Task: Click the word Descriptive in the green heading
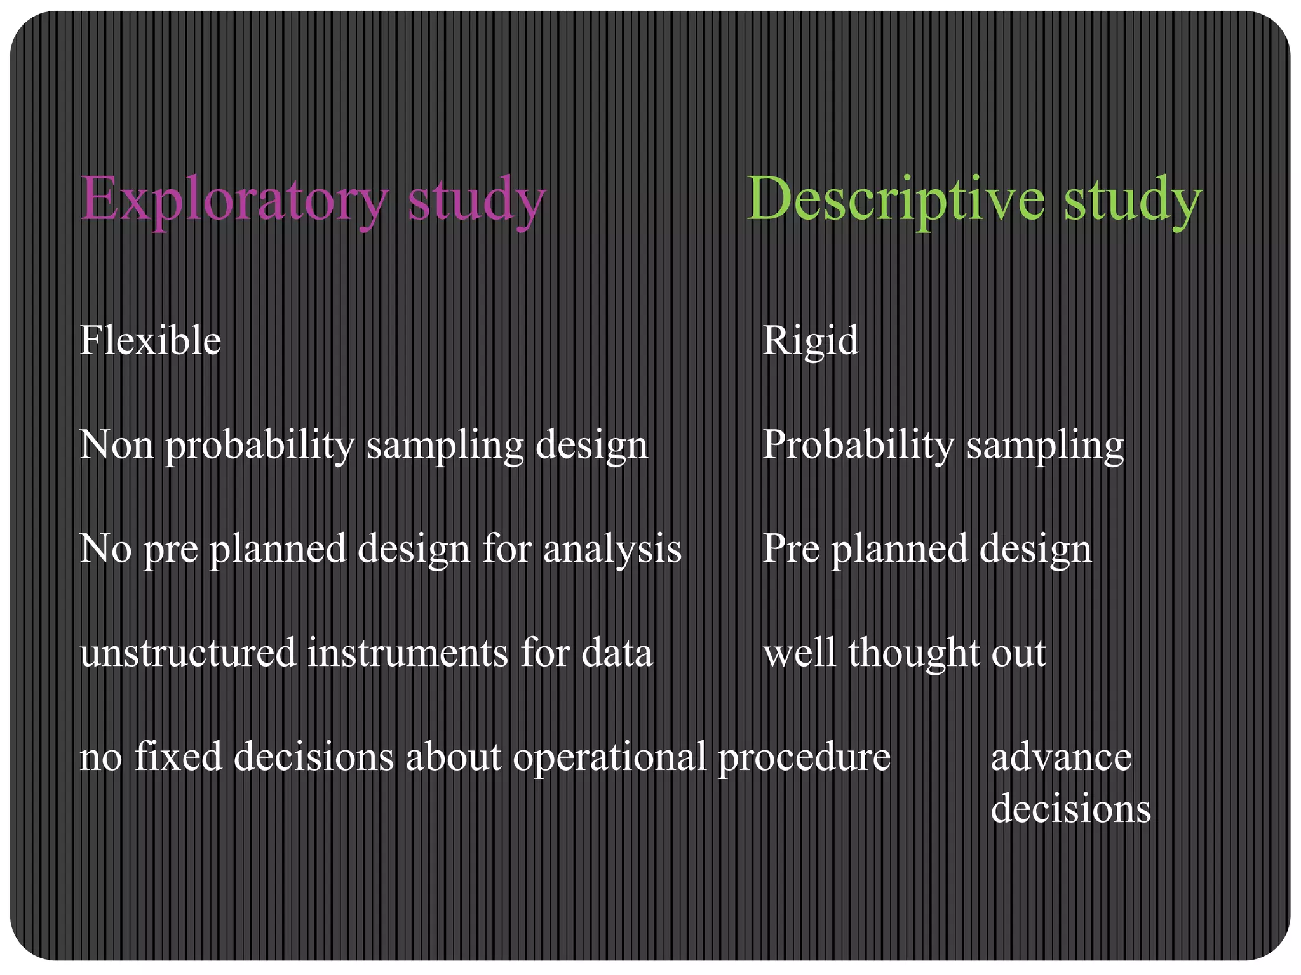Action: pyautogui.click(x=896, y=200)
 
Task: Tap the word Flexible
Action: pyautogui.click(x=150, y=341)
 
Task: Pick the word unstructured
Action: pyautogui.click(x=188, y=653)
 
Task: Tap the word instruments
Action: pyautogui.click(x=407, y=653)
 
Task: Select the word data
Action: pyautogui.click(x=617, y=653)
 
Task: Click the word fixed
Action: pyautogui.click(x=179, y=757)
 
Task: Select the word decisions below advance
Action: pyautogui.click(x=1070, y=809)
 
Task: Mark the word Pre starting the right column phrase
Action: pyautogui.click(x=790, y=548)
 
